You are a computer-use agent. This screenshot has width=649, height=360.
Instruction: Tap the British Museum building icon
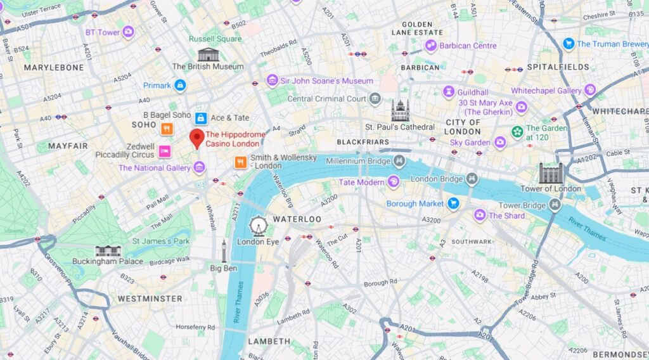[x=208, y=55]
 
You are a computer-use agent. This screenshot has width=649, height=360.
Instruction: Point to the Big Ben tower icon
[x=224, y=251]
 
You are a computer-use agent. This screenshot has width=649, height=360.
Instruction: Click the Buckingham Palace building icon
[x=108, y=250]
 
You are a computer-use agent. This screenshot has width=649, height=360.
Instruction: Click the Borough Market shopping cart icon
[x=453, y=203]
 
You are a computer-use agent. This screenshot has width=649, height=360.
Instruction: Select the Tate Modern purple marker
[x=394, y=183]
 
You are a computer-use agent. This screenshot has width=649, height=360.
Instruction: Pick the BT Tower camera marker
[x=129, y=32]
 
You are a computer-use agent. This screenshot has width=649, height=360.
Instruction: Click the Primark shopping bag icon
[x=180, y=85]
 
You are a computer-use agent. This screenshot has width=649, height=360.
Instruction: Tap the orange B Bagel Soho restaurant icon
[x=166, y=129]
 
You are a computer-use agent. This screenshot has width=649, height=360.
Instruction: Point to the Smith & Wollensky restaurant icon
[x=240, y=162]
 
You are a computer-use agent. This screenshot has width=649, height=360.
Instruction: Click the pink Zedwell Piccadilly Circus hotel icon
[x=164, y=150]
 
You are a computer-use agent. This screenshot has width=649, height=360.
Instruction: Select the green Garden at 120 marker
[x=517, y=132]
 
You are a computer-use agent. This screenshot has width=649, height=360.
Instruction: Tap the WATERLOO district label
[x=297, y=219]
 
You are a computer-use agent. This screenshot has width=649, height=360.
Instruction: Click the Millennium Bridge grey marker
[x=401, y=160]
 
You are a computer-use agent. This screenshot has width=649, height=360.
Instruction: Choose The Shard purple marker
[x=479, y=215]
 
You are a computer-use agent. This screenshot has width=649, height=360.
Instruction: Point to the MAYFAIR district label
[x=68, y=146]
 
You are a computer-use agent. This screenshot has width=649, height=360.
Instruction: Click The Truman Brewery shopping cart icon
[x=569, y=44]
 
